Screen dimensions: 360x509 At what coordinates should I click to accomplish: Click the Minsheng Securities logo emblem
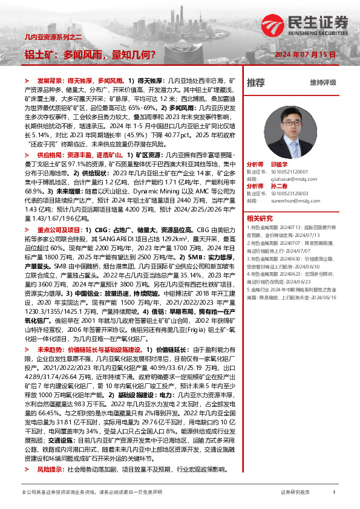click(270, 25)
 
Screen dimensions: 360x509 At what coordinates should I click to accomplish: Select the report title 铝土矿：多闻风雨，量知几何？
click(90, 54)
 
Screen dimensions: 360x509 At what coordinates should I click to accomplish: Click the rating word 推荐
click(256, 82)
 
